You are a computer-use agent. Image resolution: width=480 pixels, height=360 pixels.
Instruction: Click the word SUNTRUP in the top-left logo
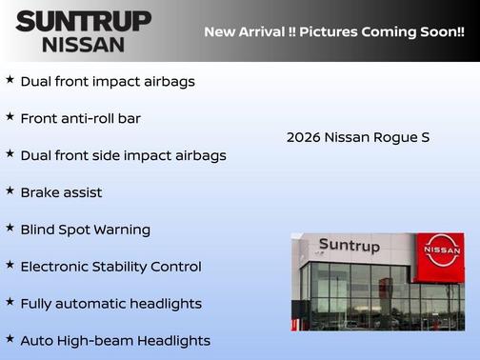83,21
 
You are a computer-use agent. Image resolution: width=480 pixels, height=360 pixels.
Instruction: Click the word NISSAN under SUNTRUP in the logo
84,44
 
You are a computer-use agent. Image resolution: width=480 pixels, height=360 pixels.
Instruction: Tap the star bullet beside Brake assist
10,190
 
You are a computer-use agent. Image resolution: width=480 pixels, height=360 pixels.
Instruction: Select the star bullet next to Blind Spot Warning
10,228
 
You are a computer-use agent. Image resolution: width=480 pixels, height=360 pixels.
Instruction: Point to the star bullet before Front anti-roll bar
10,116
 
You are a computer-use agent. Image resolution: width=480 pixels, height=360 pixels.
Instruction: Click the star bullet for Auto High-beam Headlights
10,339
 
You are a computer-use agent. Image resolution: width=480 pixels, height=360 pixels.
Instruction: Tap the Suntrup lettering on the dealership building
349,246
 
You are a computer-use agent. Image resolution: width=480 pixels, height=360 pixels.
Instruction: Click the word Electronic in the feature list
56,267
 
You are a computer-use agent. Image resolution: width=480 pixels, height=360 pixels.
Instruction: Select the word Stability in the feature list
128,267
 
